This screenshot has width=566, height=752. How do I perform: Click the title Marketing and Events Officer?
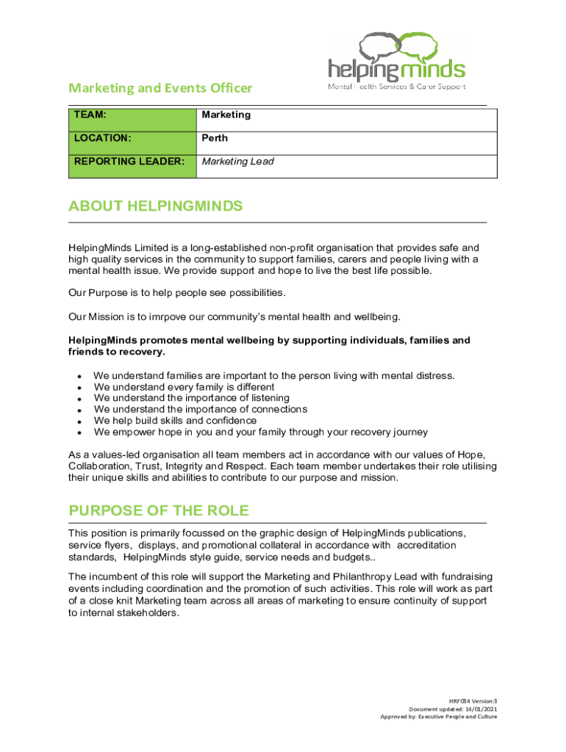160,88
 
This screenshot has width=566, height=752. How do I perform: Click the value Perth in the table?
215,138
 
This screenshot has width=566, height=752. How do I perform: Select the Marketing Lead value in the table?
237,162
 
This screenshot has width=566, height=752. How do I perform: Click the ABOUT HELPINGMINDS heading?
155,206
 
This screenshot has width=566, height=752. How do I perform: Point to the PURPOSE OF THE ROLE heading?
159,510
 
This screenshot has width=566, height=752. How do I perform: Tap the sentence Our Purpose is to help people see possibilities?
176,293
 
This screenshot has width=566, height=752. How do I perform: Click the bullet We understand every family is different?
184,387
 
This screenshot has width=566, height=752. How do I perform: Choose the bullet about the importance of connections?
200,409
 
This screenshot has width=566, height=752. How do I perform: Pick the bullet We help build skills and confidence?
175,421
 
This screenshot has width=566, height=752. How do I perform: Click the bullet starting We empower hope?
260,433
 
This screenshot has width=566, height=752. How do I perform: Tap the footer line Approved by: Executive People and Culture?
438,717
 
